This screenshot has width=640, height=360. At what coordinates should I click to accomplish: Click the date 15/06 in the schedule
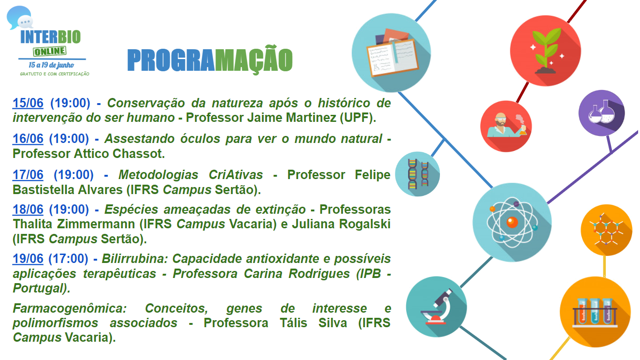click(28, 103)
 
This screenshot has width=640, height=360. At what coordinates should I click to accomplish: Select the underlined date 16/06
click(28, 139)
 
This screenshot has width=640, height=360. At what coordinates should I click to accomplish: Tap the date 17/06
click(28, 175)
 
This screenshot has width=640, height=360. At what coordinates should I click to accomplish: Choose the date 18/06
click(28, 210)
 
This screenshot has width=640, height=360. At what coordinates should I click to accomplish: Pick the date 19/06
click(28, 258)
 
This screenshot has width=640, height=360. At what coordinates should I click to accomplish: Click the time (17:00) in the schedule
click(68, 258)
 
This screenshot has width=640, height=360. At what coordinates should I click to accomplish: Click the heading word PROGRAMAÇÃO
click(210, 60)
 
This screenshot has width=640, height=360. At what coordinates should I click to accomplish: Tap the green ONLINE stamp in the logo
click(50, 51)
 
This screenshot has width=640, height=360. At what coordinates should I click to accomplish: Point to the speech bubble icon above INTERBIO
click(20, 17)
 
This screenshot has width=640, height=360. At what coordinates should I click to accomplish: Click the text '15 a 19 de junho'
click(51, 65)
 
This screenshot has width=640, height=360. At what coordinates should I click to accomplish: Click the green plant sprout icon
click(546, 51)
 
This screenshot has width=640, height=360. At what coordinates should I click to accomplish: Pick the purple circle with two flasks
click(602, 113)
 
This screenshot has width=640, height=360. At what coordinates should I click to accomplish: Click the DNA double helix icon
click(418, 174)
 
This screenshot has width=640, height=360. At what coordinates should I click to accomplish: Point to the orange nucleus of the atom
click(512, 222)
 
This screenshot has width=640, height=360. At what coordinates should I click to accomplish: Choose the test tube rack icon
click(595, 313)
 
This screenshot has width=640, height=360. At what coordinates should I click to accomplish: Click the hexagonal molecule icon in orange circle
click(606, 230)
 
